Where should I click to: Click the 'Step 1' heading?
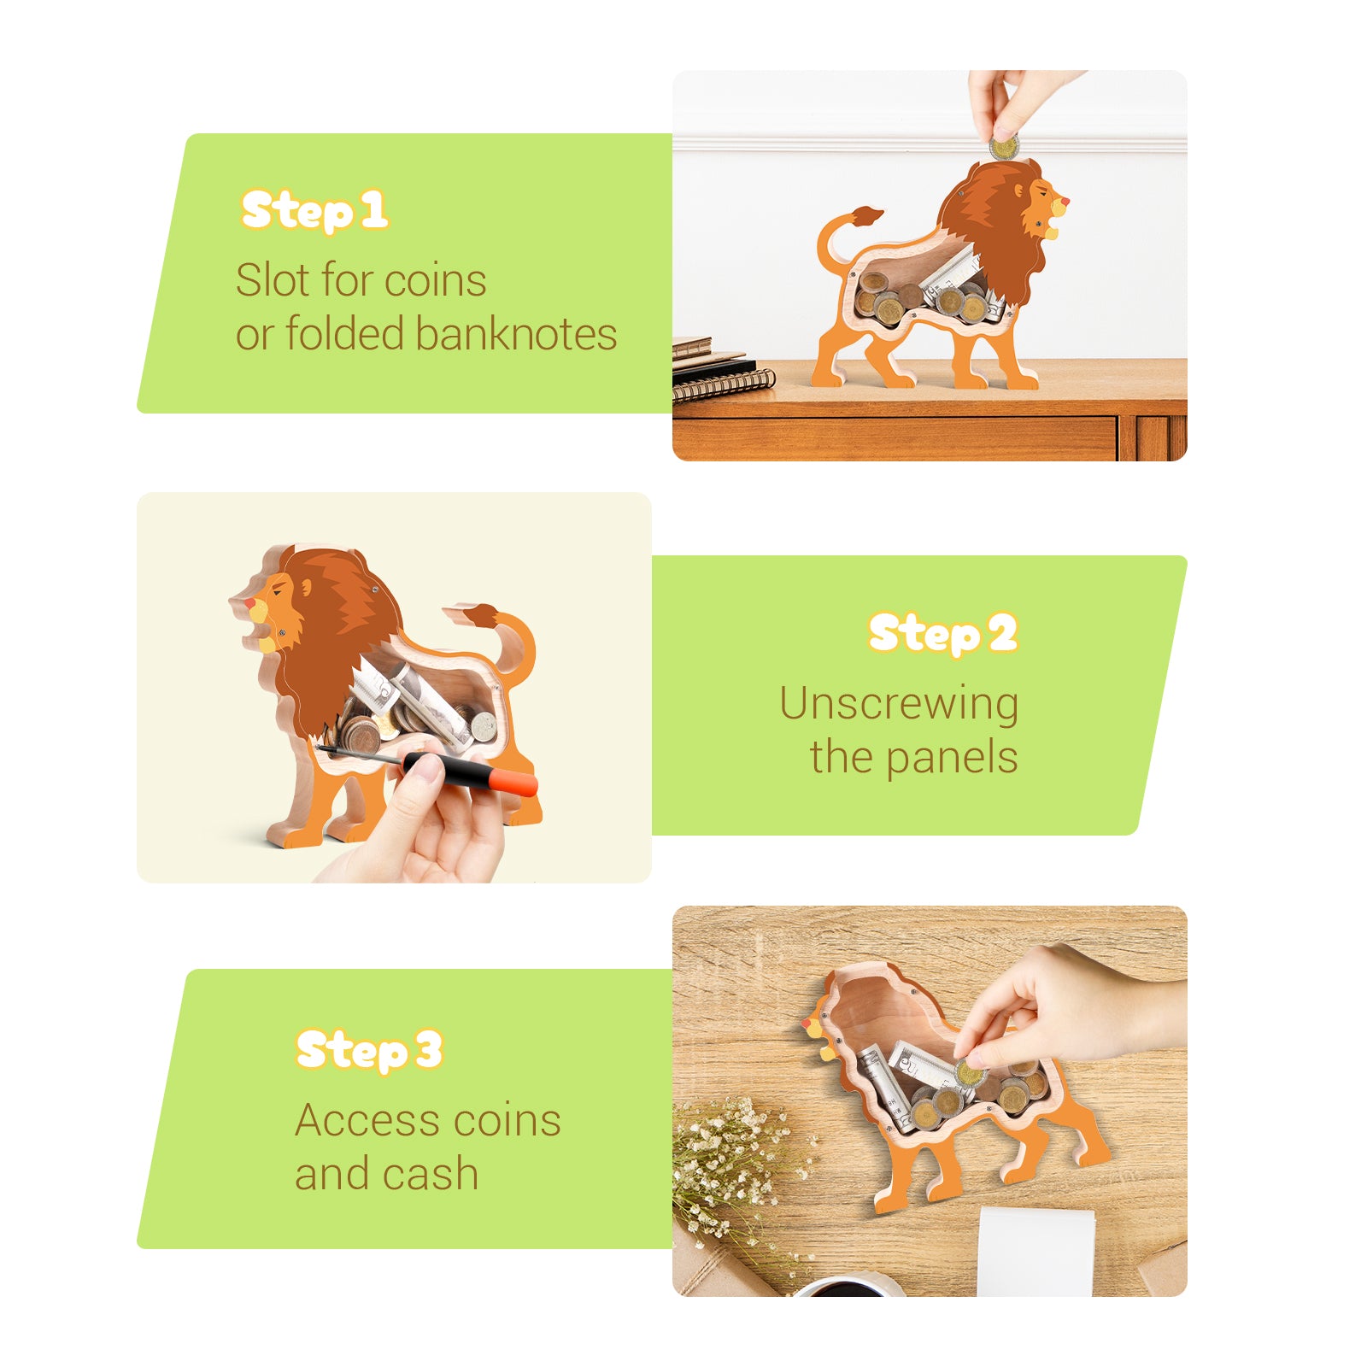pyautogui.click(x=314, y=211)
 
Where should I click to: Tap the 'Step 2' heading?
pyautogui.click(x=942, y=634)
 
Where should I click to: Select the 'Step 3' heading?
pyautogui.click(x=368, y=1050)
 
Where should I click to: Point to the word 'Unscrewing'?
pyautogui.click(x=898, y=704)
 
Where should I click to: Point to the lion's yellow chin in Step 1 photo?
pyautogui.click(x=1053, y=232)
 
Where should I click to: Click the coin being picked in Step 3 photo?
pyautogui.click(x=969, y=1073)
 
